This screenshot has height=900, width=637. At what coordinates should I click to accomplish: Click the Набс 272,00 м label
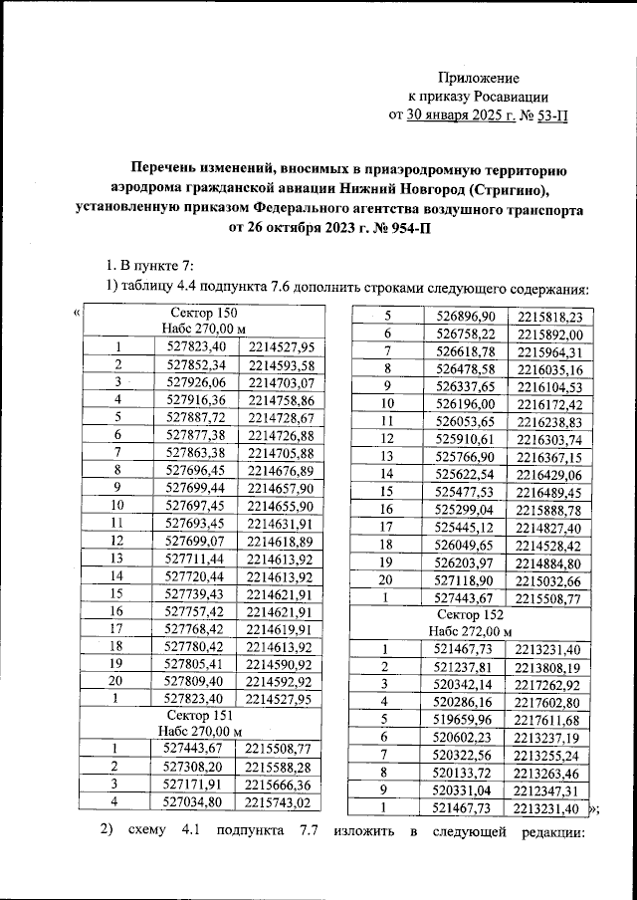(469, 631)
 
